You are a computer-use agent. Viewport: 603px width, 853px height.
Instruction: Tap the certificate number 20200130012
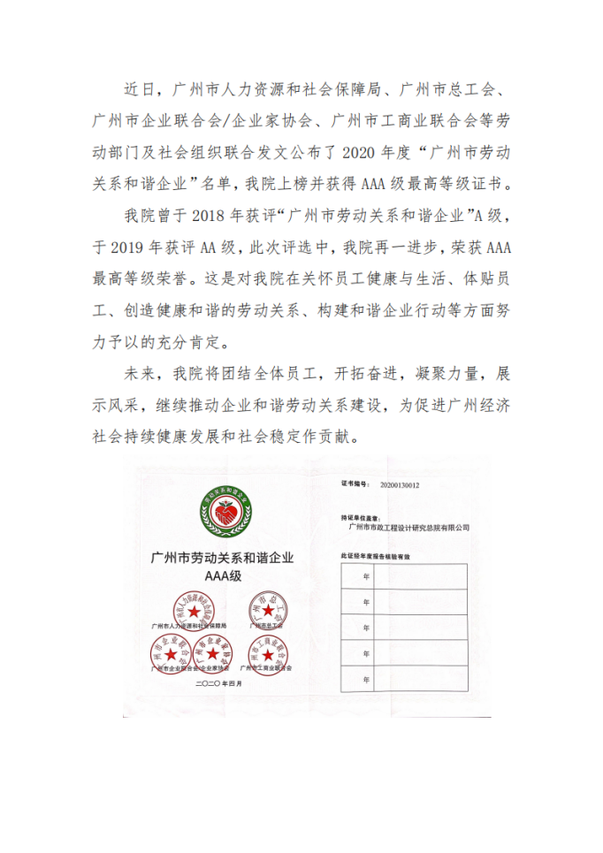coord(400,485)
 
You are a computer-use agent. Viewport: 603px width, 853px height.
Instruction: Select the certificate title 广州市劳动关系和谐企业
coord(222,558)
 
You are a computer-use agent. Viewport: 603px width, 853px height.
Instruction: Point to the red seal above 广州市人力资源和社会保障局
coord(194,607)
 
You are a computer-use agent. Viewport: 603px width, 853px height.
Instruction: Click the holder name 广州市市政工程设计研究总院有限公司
coord(409,527)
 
